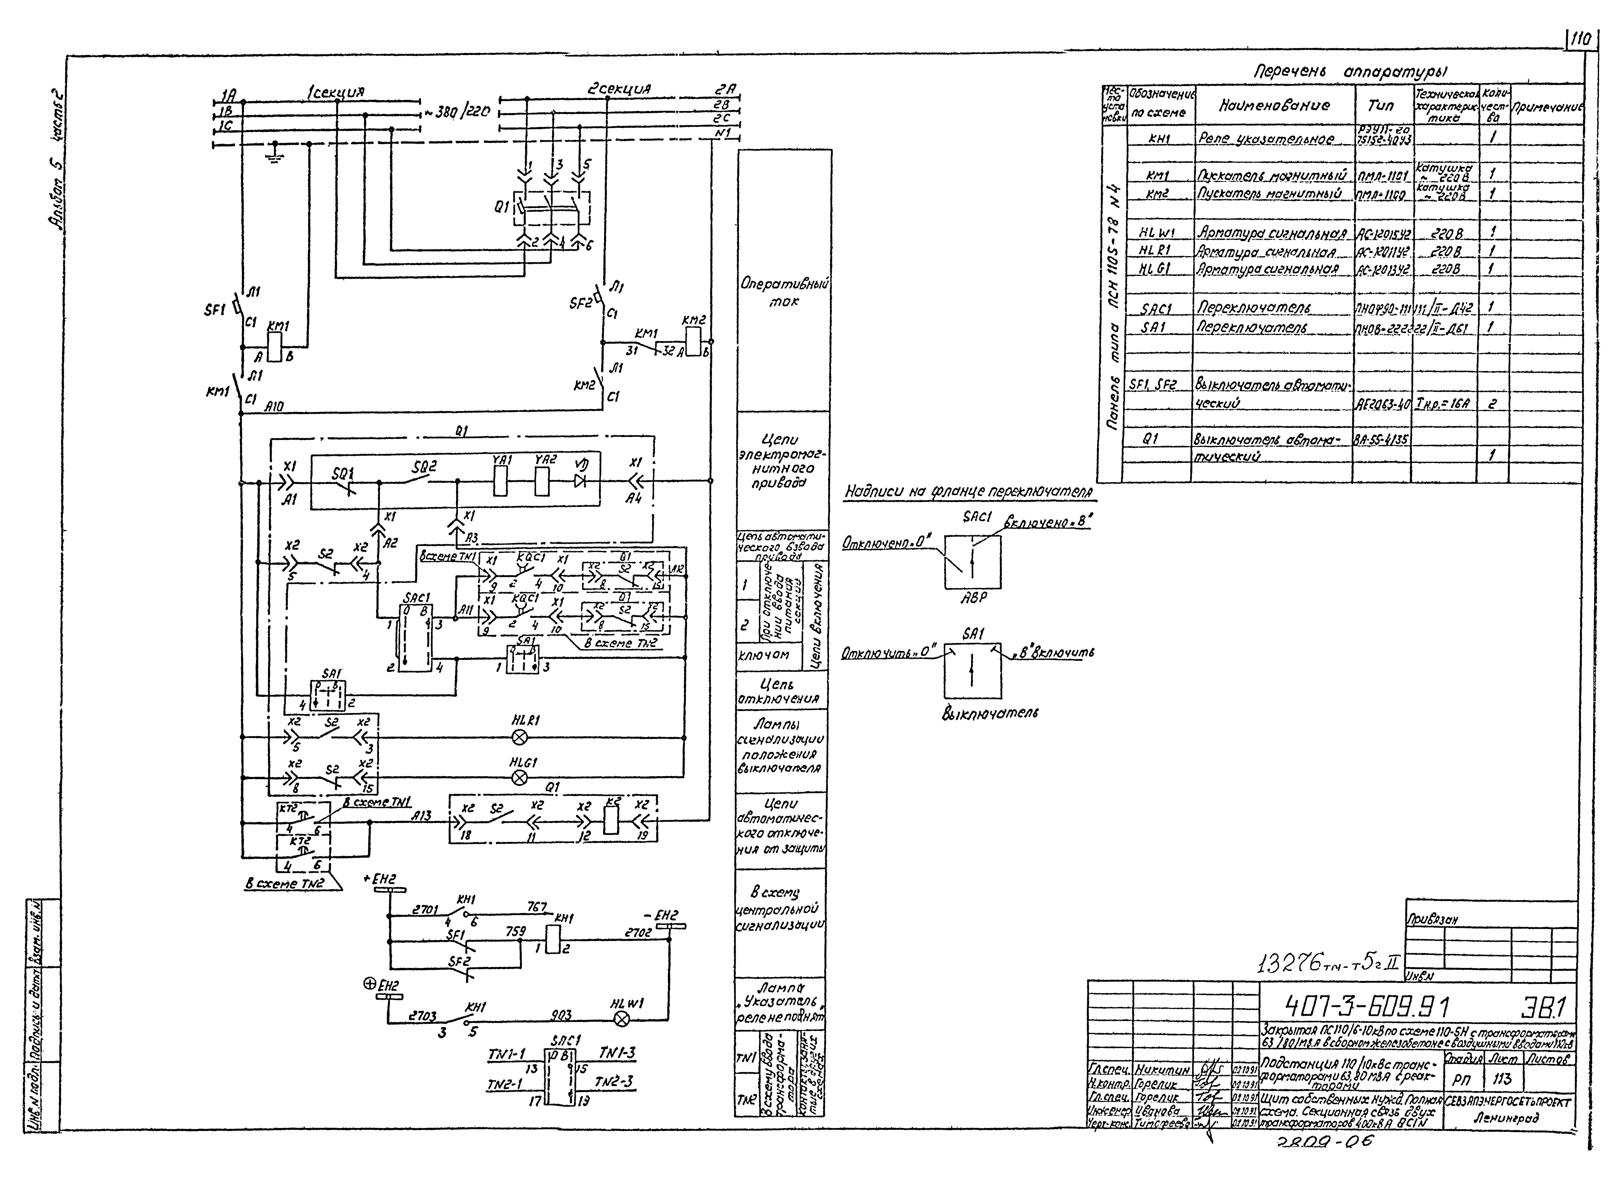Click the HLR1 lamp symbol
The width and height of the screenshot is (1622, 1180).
(x=521, y=737)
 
